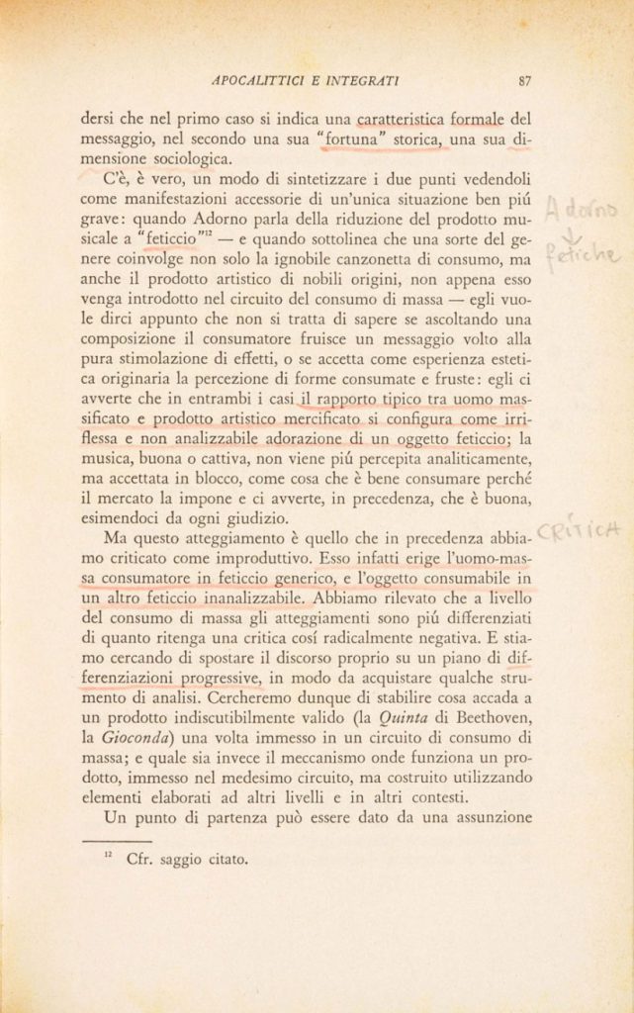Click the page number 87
(525, 81)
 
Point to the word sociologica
(192, 160)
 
